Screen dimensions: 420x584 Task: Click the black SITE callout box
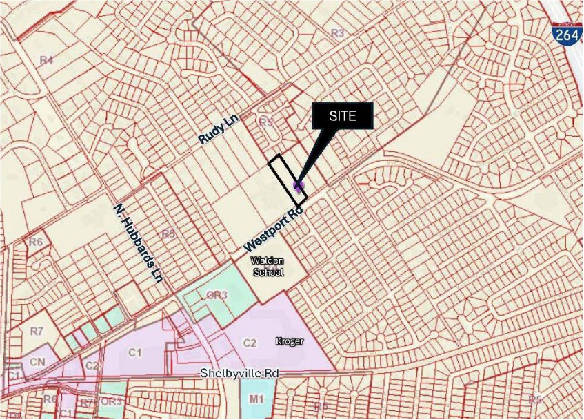click(343, 116)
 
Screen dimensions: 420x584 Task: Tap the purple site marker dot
click(299, 186)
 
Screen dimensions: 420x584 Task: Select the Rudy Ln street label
click(218, 129)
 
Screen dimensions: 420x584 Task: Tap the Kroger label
click(290, 341)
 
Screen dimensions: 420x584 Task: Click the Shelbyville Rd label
click(239, 373)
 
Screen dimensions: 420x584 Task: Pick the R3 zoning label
click(337, 32)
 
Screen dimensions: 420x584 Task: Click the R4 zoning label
click(46, 61)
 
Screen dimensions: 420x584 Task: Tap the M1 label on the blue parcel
click(257, 399)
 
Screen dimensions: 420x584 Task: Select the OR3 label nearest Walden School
click(217, 295)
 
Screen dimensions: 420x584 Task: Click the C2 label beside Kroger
click(250, 343)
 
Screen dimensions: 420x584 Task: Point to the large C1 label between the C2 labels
click(134, 353)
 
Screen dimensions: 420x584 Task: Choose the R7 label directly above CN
click(37, 332)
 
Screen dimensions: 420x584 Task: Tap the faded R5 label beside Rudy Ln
click(266, 122)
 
